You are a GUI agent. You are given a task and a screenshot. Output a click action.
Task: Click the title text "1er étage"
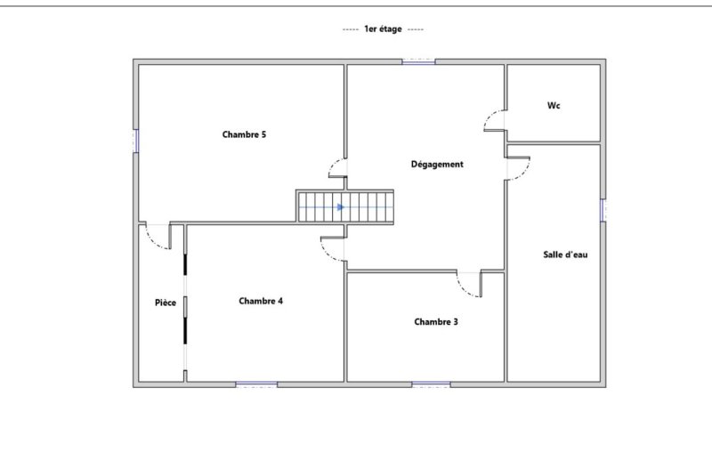tap(383, 29)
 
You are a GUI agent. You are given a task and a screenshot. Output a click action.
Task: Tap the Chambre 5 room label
tap(244, 134)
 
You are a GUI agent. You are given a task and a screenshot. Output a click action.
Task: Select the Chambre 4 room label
tap(261, 301)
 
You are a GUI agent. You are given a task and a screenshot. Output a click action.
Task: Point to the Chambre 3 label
tap(436, 322)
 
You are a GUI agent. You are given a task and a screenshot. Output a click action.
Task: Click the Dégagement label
tap(437, 165)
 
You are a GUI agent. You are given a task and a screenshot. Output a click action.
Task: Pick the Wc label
tap(554, 105)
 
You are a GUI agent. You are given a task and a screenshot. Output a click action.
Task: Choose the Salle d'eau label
tap(565, 254)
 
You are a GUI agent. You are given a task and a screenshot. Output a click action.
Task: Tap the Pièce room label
tap(166, 303)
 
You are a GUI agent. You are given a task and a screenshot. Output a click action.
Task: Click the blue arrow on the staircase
tap(341, 207)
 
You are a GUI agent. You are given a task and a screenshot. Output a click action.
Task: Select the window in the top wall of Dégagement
tap(418, 61)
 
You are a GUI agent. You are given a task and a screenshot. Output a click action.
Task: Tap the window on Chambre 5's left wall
tap(136, 141)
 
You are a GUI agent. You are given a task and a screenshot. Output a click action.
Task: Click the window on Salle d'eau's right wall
tap(603, 210)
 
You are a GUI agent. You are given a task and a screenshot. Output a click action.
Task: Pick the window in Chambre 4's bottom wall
tap(256, 384)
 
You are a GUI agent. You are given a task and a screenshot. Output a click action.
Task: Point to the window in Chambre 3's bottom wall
tap(431, 384)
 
